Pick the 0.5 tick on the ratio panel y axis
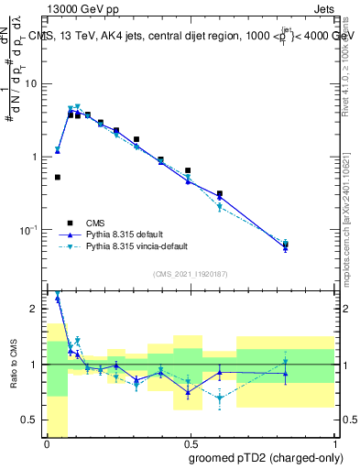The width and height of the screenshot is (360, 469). click(32, 420)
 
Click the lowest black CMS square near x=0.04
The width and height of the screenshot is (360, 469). click(58, 178)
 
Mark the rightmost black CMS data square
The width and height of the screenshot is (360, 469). click(286, 245)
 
